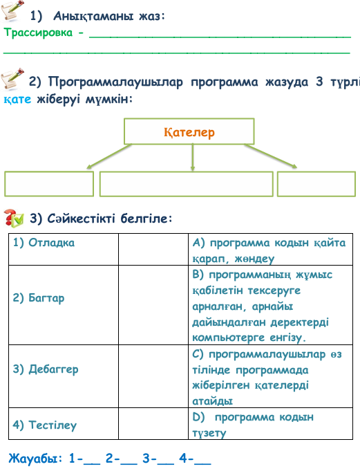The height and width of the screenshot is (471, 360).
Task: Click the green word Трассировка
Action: point(38,33)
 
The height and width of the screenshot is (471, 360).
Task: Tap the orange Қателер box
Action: point(189,131)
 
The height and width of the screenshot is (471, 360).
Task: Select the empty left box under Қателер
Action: point(49,184)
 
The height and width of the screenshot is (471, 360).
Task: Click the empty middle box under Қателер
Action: point(186,184)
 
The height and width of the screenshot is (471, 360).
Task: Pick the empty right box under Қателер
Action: point(316,184)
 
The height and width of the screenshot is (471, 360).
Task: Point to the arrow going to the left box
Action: point(109,156)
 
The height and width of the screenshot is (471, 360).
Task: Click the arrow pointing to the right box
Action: point(271,156)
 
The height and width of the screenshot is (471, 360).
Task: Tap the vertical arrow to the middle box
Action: point(193,158)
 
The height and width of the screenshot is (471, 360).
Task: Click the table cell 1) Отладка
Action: point(64,249)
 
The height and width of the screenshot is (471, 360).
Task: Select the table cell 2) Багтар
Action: point(64,305)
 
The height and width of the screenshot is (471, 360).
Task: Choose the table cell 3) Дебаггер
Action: point(64,376)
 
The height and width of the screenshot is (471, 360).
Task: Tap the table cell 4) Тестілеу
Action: point(64,423)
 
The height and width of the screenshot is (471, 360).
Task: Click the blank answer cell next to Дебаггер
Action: point(153,376)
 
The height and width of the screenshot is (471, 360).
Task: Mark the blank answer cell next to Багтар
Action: point(153,305)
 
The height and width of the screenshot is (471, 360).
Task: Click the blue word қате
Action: point(17,99)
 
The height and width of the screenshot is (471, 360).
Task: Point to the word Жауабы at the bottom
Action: point(33,459)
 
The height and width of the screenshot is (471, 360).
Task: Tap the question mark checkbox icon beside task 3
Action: point(14,218)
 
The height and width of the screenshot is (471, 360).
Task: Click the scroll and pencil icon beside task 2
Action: point(12,79)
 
